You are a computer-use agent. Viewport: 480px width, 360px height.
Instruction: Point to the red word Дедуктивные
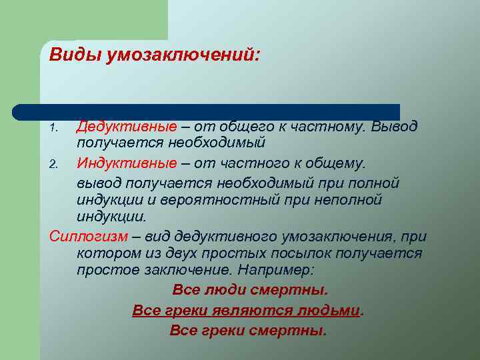pyautogui.click(x=127, y=127)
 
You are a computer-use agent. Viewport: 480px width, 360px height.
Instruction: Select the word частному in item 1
pyautogui.click(x=330, y=127)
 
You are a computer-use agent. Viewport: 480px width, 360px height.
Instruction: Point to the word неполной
pyautogui.click(x=349, y=200)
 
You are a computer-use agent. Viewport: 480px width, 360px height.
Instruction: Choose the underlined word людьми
pyautogui.click(x=329, y=311)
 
